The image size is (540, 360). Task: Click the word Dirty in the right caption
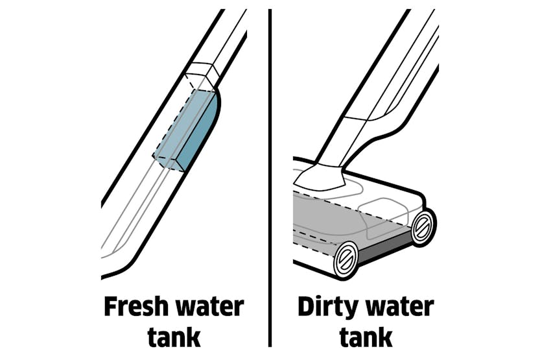click(x=327, y=307)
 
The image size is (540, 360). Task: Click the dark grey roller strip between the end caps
click(x=385, y=248)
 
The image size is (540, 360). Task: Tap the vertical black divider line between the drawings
click(x=270, y=178)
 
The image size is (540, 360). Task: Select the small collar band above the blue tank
click(x=202, y=74)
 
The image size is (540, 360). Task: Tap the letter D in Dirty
click(x=307, y=307)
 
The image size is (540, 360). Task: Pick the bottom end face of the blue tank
click(x=169, y=163)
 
